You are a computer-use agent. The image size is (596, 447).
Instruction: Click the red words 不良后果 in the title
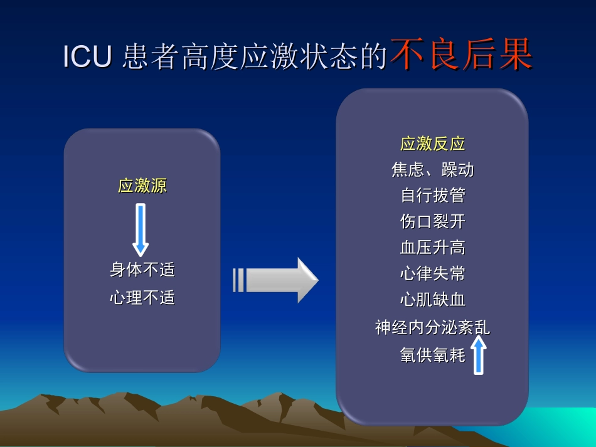tap(461, 55)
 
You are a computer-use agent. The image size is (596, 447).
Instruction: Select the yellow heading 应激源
tap(142, 186)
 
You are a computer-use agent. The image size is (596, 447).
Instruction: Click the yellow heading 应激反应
tap(433, 144)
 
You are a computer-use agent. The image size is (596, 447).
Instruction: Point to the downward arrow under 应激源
tap(141, 229)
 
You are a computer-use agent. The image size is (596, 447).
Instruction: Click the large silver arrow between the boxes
tap(276, 280)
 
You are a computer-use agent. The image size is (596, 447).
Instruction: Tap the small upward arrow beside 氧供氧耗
tap(479, 355)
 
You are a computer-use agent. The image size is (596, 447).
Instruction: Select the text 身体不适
tap(142, 270)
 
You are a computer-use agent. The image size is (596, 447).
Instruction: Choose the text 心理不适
tap(142, 297)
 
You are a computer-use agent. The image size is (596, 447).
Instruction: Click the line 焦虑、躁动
tap(433, 170)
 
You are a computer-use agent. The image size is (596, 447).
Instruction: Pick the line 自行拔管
tap(433, 196)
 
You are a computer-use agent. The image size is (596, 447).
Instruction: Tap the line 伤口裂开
tap(433, 221)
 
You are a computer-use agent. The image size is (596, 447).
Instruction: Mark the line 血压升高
tap(433, 248)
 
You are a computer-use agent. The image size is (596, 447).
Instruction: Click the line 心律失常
tap(433, 273)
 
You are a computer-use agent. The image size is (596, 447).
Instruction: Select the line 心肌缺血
tap(433, 300)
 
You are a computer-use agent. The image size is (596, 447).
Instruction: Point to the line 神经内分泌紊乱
tap(433, 327)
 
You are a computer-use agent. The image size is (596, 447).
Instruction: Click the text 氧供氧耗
tap(433, 355)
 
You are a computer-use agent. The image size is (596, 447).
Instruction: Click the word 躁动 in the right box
tap(457, 170)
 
